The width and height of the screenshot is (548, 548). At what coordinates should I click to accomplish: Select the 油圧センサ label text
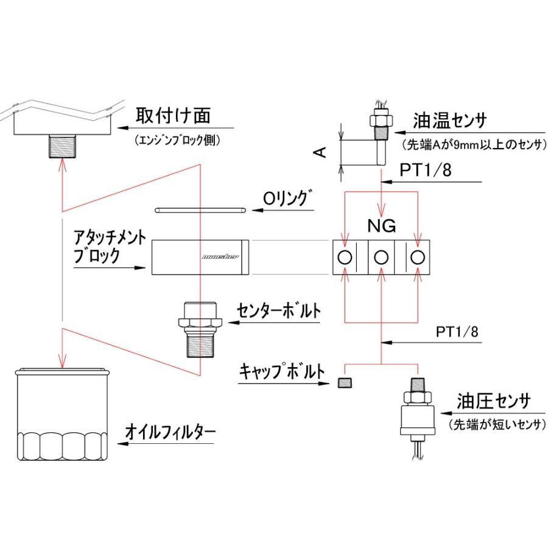(493, 402)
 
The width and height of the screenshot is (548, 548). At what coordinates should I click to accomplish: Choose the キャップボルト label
(283, 371)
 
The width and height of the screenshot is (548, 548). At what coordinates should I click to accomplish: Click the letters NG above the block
(382, 227)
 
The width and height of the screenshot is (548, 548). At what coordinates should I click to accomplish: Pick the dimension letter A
(322, 150)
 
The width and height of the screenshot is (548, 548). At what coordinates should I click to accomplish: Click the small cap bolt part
(345, 382)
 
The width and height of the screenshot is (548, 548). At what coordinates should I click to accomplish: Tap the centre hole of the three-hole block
(381, 258)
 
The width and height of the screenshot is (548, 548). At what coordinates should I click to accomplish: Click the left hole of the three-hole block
(345, 258)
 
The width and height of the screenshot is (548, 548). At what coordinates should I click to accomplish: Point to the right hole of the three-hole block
(417, 258)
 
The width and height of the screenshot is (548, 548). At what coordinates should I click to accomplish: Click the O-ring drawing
(200, 210)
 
